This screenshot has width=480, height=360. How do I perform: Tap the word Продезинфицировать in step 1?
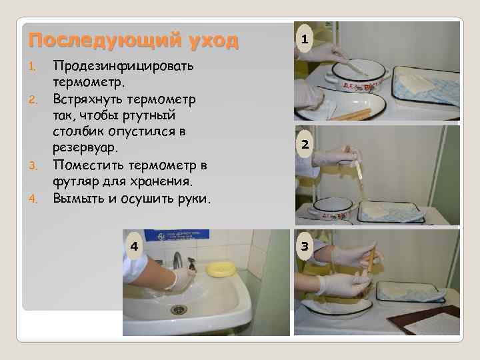coord(123,67)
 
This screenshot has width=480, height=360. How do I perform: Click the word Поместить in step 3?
coord(85,165)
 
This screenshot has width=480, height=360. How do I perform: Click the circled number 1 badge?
coord(304,41)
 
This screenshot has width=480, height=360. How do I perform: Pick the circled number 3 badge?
coord(304,247)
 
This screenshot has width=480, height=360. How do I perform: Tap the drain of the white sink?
coord(179,309)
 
